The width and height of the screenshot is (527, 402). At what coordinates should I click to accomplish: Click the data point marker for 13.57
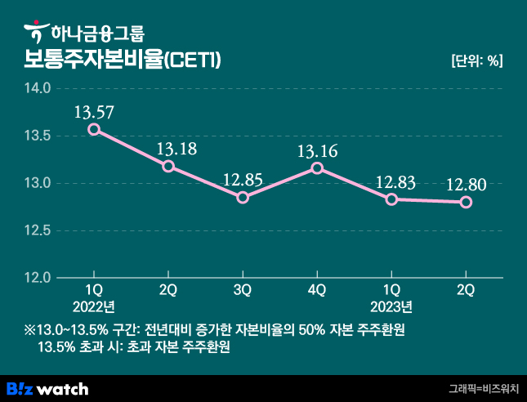[x=94, y=129]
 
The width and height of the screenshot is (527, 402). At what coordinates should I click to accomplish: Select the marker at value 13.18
[x=168, y=166]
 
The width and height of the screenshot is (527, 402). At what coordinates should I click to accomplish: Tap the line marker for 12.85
[x=243, y=198]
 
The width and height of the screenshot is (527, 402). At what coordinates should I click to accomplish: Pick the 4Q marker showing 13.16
[x=317, y=168]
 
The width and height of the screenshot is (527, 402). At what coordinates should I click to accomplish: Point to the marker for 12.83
[x=391, y=199]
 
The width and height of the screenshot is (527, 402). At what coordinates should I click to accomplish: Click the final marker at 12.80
[x=466, y=202]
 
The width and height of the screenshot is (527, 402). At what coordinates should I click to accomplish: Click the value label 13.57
[x=94, y=110]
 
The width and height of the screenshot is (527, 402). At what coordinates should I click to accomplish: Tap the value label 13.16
[x=317, y=150]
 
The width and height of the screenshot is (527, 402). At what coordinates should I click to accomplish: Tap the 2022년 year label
[x=94, y=307]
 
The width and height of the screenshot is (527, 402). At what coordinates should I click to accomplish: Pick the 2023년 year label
[x=391, y=307]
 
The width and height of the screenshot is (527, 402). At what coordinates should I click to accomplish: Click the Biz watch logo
[x=47, y=388]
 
